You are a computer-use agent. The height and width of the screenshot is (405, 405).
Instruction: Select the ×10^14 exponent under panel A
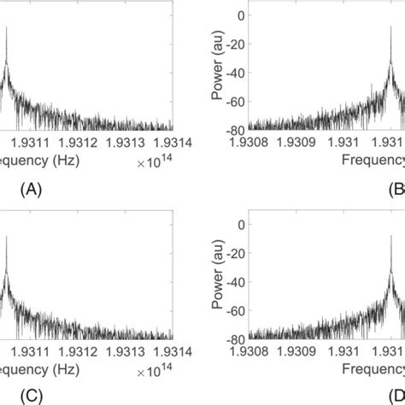(x=154, y=156)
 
